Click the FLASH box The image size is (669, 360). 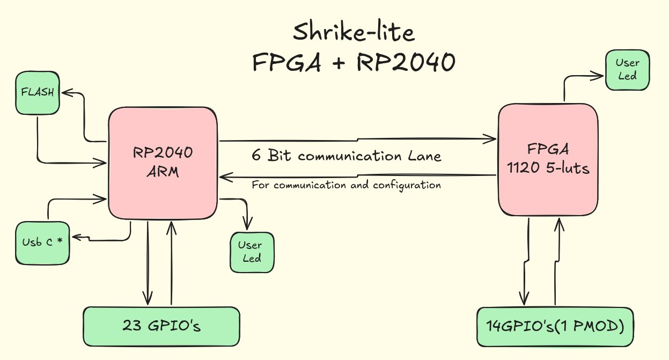click(38, 92)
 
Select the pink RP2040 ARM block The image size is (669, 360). click(163, 162)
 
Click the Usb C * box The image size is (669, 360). click(42, 242)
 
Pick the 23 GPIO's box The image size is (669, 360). click(161, 326)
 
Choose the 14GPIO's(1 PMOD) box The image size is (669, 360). click(555, 326)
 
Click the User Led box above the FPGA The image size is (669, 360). click(627, 69)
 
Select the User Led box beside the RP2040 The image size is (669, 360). click(251, 252)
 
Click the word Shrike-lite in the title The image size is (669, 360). click(354, 33)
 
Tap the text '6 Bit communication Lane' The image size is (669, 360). click(347, 156)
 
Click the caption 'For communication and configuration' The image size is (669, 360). click(347, 185)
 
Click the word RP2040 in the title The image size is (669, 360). click(405, 63)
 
